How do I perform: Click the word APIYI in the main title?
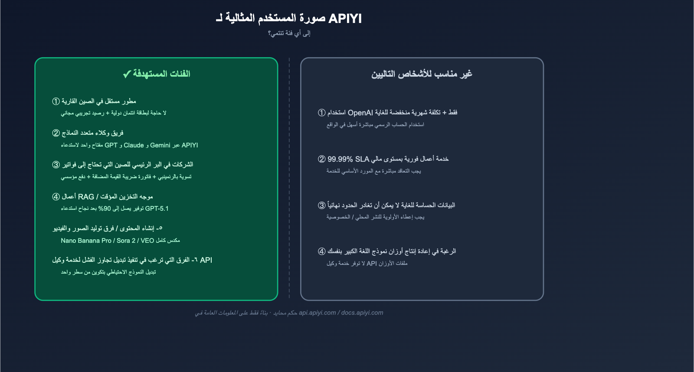point(345,19)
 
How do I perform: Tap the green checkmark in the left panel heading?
point(127,74)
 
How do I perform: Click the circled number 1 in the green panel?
point(56,101)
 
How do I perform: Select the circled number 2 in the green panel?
point(56,133)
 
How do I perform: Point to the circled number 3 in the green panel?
point(56,165)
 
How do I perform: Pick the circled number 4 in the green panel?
point(56,197)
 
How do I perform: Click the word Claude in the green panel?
point(134,145)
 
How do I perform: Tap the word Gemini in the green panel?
point(160,145)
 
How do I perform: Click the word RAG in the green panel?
point(86,197)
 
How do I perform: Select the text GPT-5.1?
point(157,209)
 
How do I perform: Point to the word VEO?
point(147,241)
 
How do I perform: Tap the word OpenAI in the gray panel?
point(360,113)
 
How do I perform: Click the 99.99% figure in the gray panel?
point(340,159)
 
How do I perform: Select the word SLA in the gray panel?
point(362,159)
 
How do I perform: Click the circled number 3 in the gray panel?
point(322,206)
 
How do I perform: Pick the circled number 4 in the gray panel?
point(322,251)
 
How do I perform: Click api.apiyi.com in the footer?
point(317,313)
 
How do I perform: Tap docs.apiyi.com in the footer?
point(362,313)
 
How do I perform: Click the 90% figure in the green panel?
point(105,209)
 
